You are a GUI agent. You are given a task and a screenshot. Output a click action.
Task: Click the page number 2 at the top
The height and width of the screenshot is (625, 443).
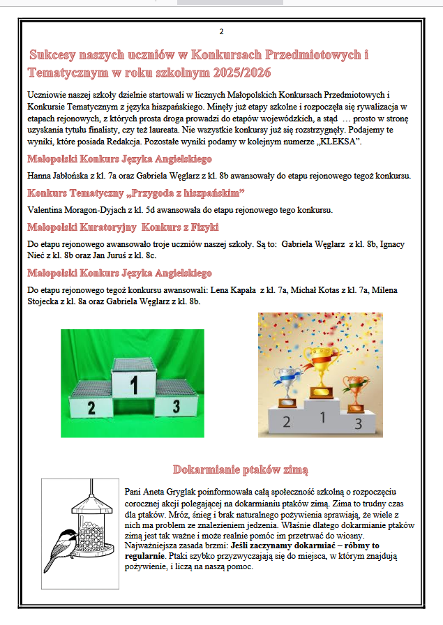coord(222,32)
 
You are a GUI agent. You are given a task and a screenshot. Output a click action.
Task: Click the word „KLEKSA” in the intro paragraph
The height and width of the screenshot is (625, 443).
coord(339,142)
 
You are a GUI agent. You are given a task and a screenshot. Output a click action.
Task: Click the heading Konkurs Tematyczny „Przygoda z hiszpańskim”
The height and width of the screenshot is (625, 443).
coord(136,193)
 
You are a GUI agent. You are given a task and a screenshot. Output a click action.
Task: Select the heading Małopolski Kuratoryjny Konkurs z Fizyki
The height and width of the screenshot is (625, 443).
coord(123,227)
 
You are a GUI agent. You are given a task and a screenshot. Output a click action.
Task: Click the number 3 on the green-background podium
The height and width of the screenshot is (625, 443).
coord(177,407)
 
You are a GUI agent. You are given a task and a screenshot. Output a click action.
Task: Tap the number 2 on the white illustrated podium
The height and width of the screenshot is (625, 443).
coord(286,421)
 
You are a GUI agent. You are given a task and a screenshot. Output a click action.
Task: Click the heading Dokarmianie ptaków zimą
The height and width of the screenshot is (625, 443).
coord(241,469)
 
